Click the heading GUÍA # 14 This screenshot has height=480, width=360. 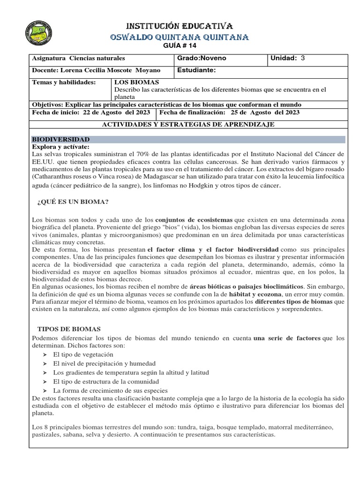[180, 45]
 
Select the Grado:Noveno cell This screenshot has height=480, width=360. [202, 59]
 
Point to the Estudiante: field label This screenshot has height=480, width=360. [196, 70]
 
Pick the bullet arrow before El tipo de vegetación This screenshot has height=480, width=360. [44, 355]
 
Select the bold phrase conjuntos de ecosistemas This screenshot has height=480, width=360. [194, 219]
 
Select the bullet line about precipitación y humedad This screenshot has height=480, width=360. [104, 363]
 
